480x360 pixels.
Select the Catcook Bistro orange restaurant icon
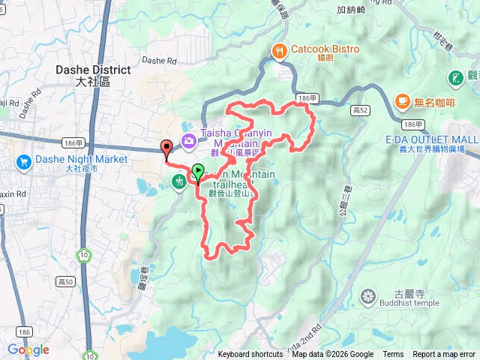(x=279, y=50)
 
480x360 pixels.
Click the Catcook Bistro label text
(x=324, y=49)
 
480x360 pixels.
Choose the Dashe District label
(x=93, y=70)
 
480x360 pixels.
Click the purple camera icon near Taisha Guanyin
(x=187, y=139)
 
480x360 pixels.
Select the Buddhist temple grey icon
(x=367, y=297)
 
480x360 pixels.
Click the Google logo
(x=28, y=349)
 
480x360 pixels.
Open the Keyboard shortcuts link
(x=250, y=355)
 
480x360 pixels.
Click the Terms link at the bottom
(x=393, y=355)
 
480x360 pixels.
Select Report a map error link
(x=444, y=355)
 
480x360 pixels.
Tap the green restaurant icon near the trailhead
(x=178, y=181)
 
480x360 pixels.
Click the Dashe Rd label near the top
(x=158, y=60)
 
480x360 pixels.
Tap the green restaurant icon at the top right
(x=455, y=77)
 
